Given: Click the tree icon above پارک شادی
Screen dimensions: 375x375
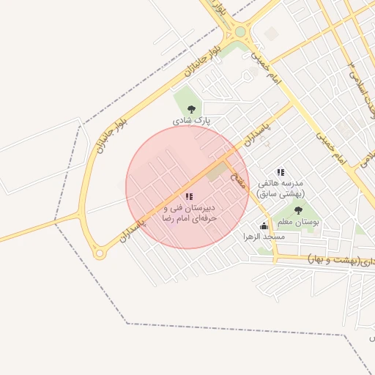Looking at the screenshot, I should pos(191,109).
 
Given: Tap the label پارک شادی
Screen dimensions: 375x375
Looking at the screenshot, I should pos(191,119).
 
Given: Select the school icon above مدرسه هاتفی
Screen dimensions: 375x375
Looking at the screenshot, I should pos(281,173).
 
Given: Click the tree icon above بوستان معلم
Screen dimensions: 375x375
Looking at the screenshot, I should pos(297,211).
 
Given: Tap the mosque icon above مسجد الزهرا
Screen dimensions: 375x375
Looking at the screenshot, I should pos(264,226).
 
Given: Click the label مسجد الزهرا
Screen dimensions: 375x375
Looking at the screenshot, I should pos(264,237).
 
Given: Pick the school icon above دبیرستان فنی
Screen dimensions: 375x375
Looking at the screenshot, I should pos(189,196).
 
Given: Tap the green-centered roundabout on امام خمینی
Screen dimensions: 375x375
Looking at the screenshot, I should pos(240,32).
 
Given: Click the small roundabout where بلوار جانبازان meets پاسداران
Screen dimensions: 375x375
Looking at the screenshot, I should pos(99,253).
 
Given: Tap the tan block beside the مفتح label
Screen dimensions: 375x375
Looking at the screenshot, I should pos(217,172).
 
